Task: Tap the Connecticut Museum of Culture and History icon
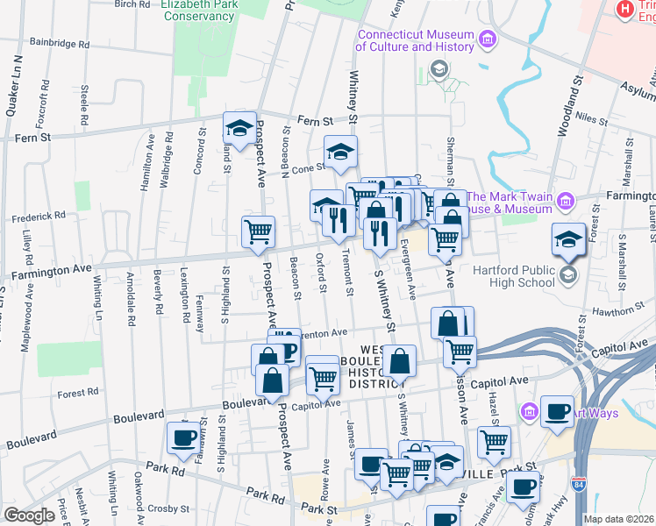coord(488,40)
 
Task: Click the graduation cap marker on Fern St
coord(239,129)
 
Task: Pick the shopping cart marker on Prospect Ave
coord(258,232)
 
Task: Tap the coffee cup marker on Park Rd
coord(183,438)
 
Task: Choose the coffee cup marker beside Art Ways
coord(557,411)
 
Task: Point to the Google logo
coord(29,515)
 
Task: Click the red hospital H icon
coord(625,9)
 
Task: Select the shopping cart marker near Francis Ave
coord(494,443)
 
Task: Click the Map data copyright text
coord(620,519)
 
